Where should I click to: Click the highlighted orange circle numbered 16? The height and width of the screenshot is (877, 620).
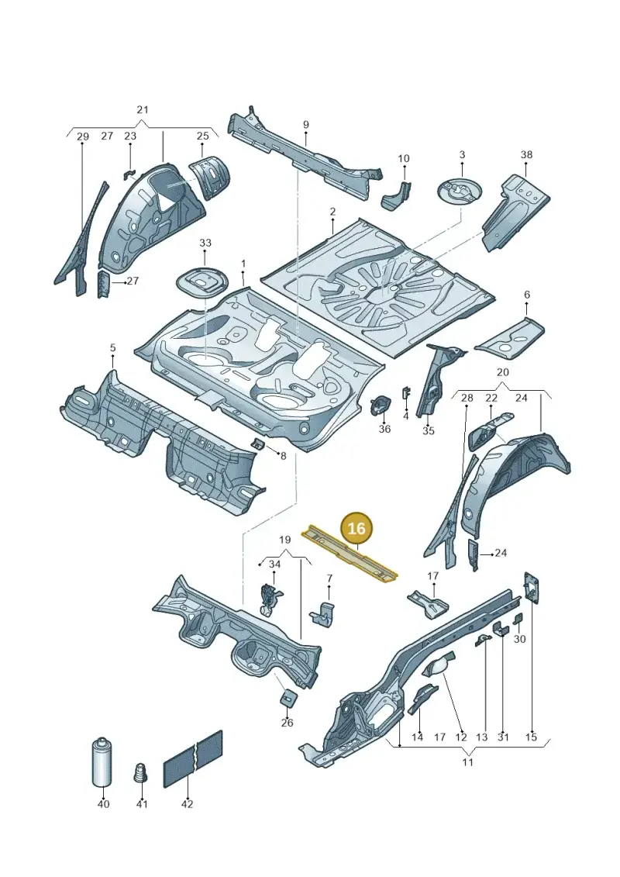[356, 528]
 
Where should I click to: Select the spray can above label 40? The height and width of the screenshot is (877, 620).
[102, 763]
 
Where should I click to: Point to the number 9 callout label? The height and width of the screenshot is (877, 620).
[306, 125]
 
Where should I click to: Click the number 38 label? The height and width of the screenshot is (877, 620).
[527, 154]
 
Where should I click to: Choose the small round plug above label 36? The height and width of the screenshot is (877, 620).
[381, 404]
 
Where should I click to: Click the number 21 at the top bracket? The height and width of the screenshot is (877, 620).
[143, 109]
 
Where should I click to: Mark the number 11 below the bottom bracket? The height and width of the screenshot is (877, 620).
[468, 761]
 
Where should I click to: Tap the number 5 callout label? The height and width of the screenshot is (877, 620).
[113, 348]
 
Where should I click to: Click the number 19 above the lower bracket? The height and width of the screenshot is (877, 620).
[284, 540]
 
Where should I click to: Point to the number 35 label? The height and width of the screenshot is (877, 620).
[429, 430]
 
